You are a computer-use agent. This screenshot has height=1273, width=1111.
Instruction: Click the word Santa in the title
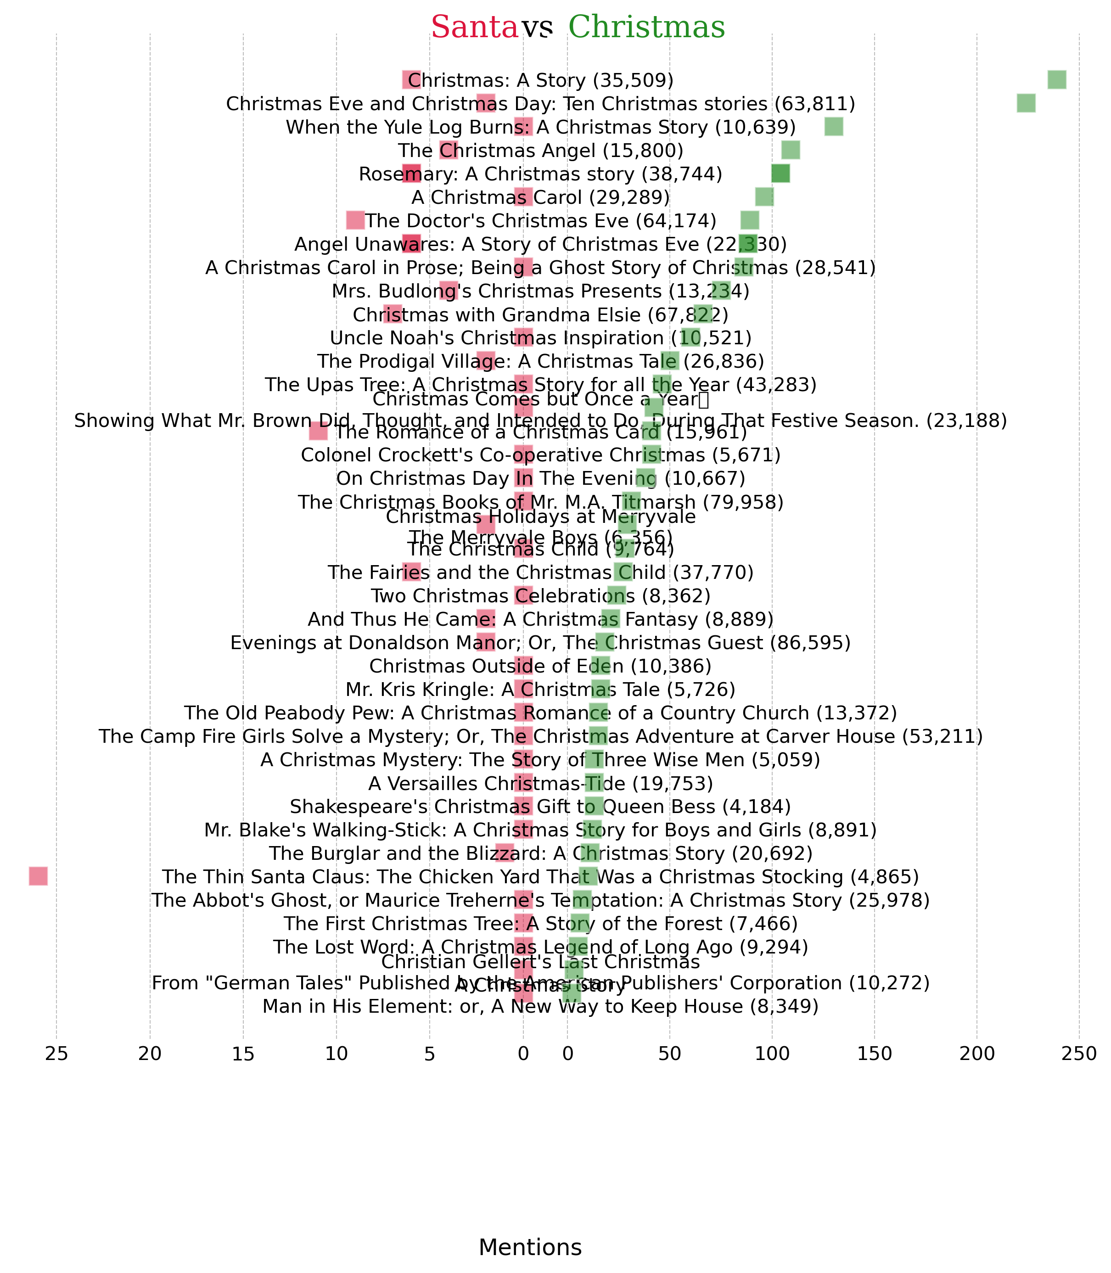pos(474,27)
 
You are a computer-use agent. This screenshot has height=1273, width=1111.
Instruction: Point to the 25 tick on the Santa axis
pos(56,1054)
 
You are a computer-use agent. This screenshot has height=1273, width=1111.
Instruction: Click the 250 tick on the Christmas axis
pos(1079,1054)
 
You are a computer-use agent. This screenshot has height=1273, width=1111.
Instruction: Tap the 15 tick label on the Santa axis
pos(243,1054)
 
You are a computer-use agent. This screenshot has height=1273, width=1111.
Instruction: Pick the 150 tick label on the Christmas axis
pos(874,1054)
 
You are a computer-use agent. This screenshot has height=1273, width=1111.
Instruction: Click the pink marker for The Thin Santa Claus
pos(39,876)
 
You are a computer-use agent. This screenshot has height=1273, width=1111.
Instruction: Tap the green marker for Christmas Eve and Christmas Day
pos(1026,104)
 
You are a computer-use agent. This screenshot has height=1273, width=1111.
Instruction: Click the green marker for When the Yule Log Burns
pos(833,127)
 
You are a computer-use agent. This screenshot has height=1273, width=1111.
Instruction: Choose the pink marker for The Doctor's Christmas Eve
pos(355,220)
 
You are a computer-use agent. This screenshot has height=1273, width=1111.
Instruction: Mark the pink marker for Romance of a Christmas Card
pos(318,432)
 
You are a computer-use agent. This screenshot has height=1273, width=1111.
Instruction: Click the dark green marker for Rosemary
pos(780,174)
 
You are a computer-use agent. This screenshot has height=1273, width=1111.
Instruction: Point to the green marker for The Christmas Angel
pos(791,150)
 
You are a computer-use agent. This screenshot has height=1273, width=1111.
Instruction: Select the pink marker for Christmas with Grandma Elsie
pos(393,314)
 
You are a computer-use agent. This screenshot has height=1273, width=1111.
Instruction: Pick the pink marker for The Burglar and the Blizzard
pos(505,852)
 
